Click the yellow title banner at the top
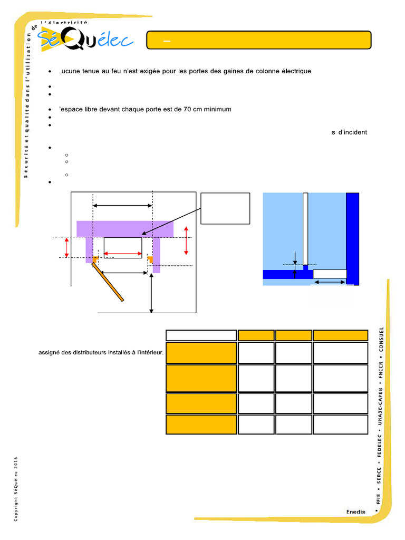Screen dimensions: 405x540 coord(258,40)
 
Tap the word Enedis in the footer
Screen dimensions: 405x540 coord(356,512)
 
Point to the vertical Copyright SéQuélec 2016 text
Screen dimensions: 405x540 coord(16,489)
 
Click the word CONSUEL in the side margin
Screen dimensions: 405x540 coord(381,340)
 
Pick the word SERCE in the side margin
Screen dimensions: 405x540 coord(379,475)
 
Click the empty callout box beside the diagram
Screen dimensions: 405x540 coord(225,208)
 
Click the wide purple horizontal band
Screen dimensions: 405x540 coord(124,229)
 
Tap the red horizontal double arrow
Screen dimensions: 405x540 coord(123,254)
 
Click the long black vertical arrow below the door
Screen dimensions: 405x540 coord(151,293)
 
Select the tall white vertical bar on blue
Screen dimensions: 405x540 coord(305,229)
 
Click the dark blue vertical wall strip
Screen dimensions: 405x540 coord(352,239)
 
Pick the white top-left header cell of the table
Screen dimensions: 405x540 coord(201,335)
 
